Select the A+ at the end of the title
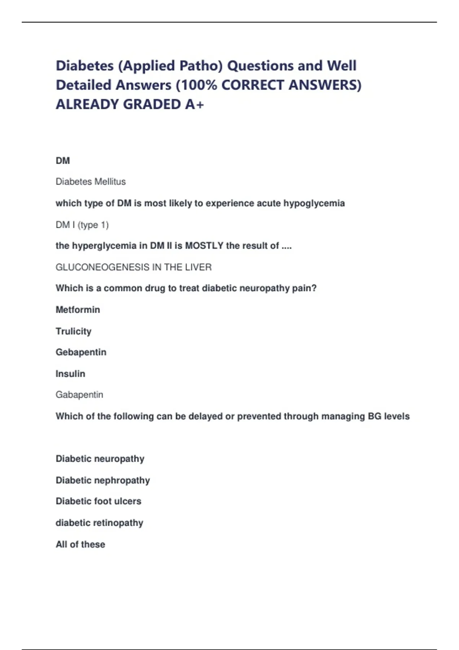tap(195, 104)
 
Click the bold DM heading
tap(63, 161)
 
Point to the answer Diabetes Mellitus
tap(91, 182)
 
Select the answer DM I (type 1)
tap(82, 225)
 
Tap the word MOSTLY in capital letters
tap(204, 245)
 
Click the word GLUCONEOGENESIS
tap(103, 267)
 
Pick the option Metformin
tap(78, 309)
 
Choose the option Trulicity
tap(73, 331)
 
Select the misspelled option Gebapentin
tap(81, 352)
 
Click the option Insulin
tap(70, 373)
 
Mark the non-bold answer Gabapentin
tap(80, 395)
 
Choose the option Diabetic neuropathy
tap(100, 458)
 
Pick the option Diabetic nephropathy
tap(103, 480)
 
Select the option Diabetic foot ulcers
tap(99, 501)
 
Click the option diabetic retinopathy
tap(99, 523)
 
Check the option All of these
tap(80, 544)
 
